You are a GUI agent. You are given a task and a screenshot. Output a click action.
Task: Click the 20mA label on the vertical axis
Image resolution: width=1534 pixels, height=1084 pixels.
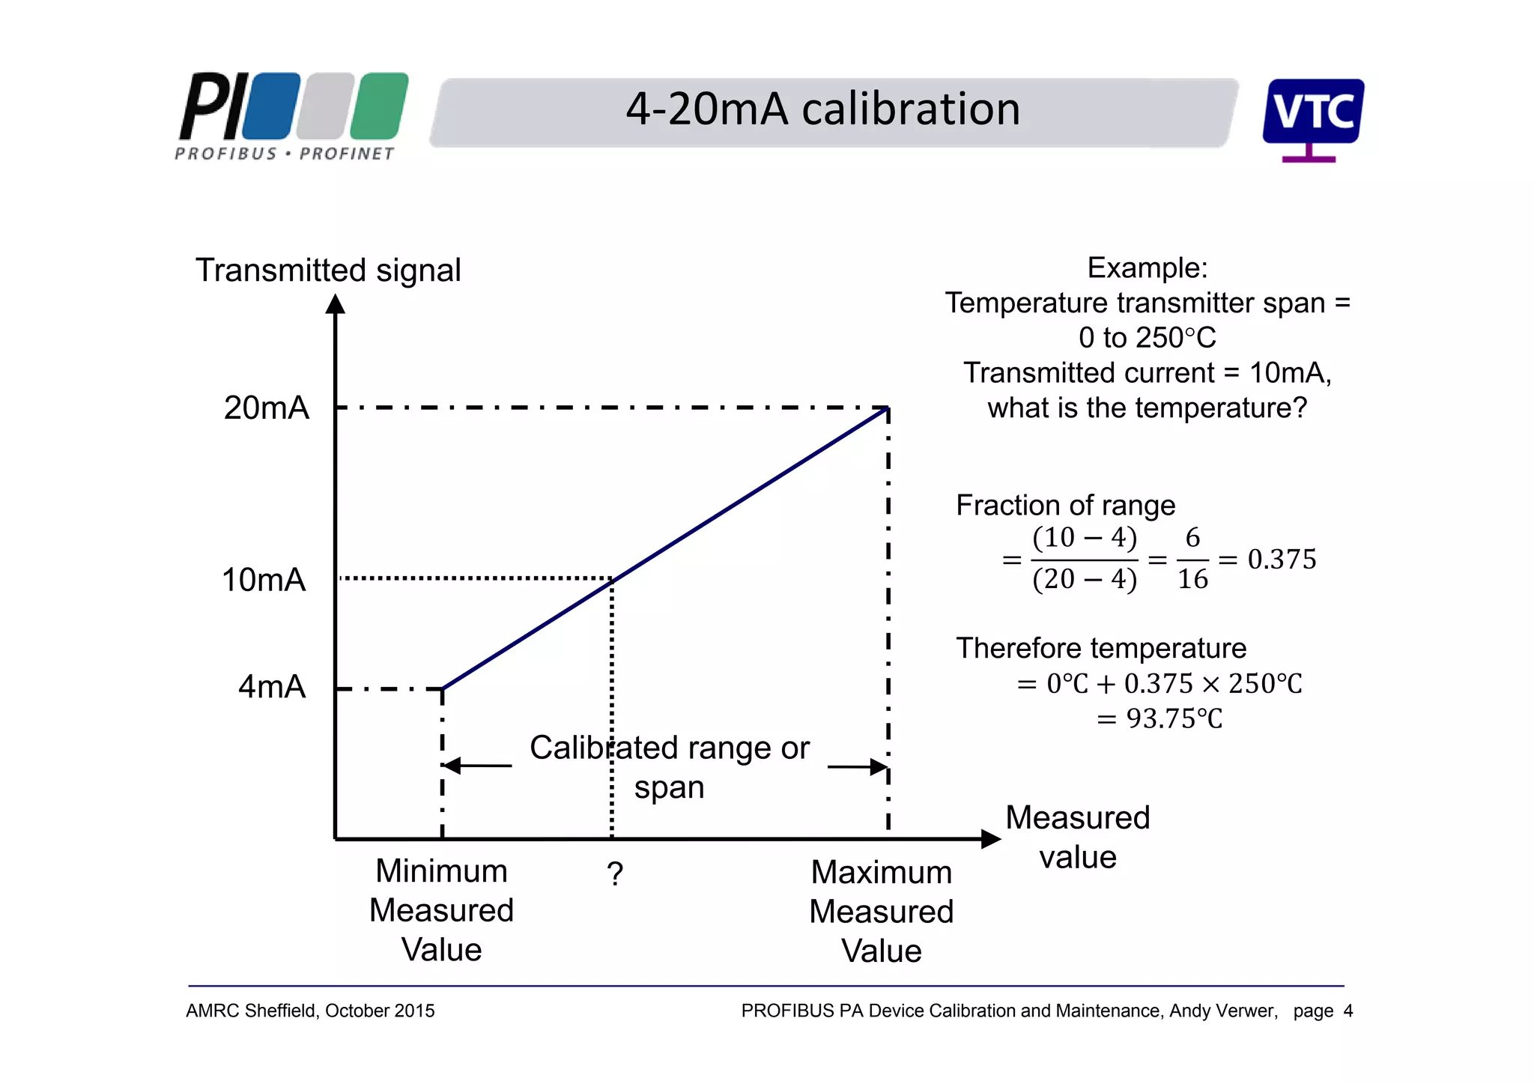point(266,408)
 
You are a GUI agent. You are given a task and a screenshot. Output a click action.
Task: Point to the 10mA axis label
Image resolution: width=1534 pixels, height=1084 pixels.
point(264,580)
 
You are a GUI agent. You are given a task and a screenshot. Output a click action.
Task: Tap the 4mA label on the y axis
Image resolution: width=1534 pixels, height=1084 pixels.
point(272,686)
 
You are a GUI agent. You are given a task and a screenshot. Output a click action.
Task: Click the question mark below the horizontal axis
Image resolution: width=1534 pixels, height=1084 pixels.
point(615,873)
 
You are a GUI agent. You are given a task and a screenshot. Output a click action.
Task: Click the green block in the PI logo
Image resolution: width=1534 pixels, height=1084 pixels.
point(379,106)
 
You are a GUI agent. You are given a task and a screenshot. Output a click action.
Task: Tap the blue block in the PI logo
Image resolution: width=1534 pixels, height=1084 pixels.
point(271,106)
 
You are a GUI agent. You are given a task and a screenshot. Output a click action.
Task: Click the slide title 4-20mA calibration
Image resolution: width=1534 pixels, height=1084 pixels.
point(822,109)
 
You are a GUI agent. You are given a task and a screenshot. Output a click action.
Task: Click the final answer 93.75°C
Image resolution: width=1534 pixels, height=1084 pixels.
point(1174,718)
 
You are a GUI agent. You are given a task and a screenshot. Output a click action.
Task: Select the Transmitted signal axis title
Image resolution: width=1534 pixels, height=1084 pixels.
point(328,270)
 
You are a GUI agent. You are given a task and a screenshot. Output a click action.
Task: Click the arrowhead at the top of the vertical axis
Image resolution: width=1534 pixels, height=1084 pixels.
point(336,304)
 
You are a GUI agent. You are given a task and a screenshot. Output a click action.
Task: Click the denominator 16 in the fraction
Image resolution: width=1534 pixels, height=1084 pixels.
point(1192,579)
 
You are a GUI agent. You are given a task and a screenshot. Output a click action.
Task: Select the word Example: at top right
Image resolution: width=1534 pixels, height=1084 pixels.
point(1148,267)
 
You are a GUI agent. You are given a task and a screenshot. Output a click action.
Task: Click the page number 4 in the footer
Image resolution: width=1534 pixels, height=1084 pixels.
point(1348,1011)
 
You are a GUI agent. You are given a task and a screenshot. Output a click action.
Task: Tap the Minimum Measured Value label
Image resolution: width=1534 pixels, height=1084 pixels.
point(441,910)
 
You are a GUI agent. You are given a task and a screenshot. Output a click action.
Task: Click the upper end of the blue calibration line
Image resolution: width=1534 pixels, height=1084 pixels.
point(886,409)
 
